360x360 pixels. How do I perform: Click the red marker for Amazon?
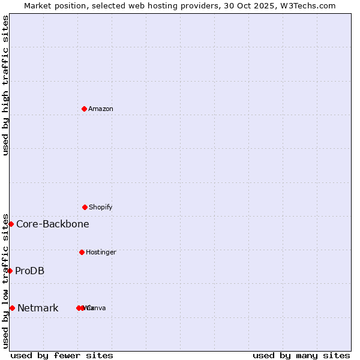pyautogui.click(x=85, y=109)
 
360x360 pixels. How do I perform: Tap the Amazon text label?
pyautogui.click(x=101, y=109)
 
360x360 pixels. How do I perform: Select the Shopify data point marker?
pyautogui.click(x=85, y=207)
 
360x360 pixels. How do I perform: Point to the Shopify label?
pyautogui.click(x=101, y=207)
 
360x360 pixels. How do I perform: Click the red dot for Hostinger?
pyautogui.click(x=82, y=252)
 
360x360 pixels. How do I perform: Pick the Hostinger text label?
pyautogui.click(x=101, y=252)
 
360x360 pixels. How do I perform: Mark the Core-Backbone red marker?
pyautogui.click(x=11, y=224)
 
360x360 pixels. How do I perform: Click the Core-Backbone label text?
pyautogui.click(x=53, y=224)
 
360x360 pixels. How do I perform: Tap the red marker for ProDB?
pyautogui.click(x=10, y=271)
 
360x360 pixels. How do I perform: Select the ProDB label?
pyautogui.click(x=30, y=271)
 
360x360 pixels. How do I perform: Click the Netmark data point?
pyautogui.click(x=12, y=308)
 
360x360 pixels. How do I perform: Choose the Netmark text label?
pyautogui.click(x=38, y=308)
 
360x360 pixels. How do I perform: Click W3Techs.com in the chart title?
pyautogui.click(x=311, y=5)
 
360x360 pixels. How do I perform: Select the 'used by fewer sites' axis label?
pyautogui.click(x=62, y=355)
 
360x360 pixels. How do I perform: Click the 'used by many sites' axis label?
pyautogui.click(x=301, y=355)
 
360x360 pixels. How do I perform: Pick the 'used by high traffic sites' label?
pyautogui.click(x=5, y=85)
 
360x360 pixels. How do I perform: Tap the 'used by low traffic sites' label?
pyautogui.click(x=5, y=281)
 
